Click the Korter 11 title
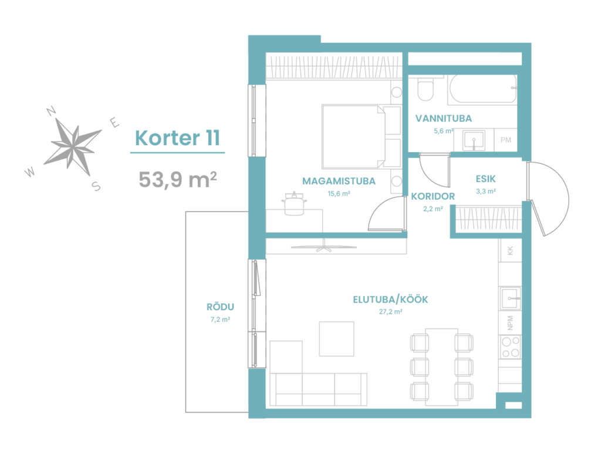pyautogui.click(x=177, y=138)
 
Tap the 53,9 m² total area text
pyautogui.click(x=177, y=179)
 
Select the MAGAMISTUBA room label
pyautogui.click(x=339, y=181)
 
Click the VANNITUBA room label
pyautogui.click(x=444, y=118)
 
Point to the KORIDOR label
pyautogui.click(x=433, y=196)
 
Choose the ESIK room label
pyautogui.click(x=485, y=179)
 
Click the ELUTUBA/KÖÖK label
pyautogui.click(x=390, y=300)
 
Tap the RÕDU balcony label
pyautogui.click(x=220, y=307)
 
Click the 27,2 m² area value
pyautogui.click(x=390, y=311)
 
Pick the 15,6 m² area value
pyautogui.click(x=339, y=194)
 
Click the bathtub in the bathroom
pyautogui.click(x=482, y=89)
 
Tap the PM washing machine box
pyautogui.click(x=505, y=140)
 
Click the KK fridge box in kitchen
pyautogui.click(x=510, y=251)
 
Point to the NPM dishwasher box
pyautogui.click(x=510, y=322)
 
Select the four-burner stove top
pyautogui.click(x=510, y=347)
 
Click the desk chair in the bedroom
pyautogui.click(x=295, y=203)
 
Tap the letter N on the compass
pyautogui.click(x=51, y=111)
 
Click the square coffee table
pyautogui.click(x=336, y=339)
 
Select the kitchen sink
pyautogui.click(x=510, y=298)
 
